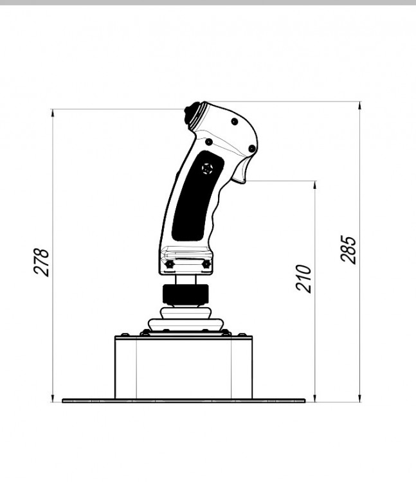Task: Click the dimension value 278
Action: coord(42,262)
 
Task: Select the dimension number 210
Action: coord(303,278)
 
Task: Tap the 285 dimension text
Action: coord(348,249)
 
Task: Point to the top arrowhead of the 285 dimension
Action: coord(359,105)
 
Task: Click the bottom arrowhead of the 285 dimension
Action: coord(359,398)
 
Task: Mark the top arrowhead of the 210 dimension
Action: coord(315,185)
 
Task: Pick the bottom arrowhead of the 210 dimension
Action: coord(315,398)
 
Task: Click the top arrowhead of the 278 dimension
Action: coord(53,113)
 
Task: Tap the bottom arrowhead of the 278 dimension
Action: coord(53,398)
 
